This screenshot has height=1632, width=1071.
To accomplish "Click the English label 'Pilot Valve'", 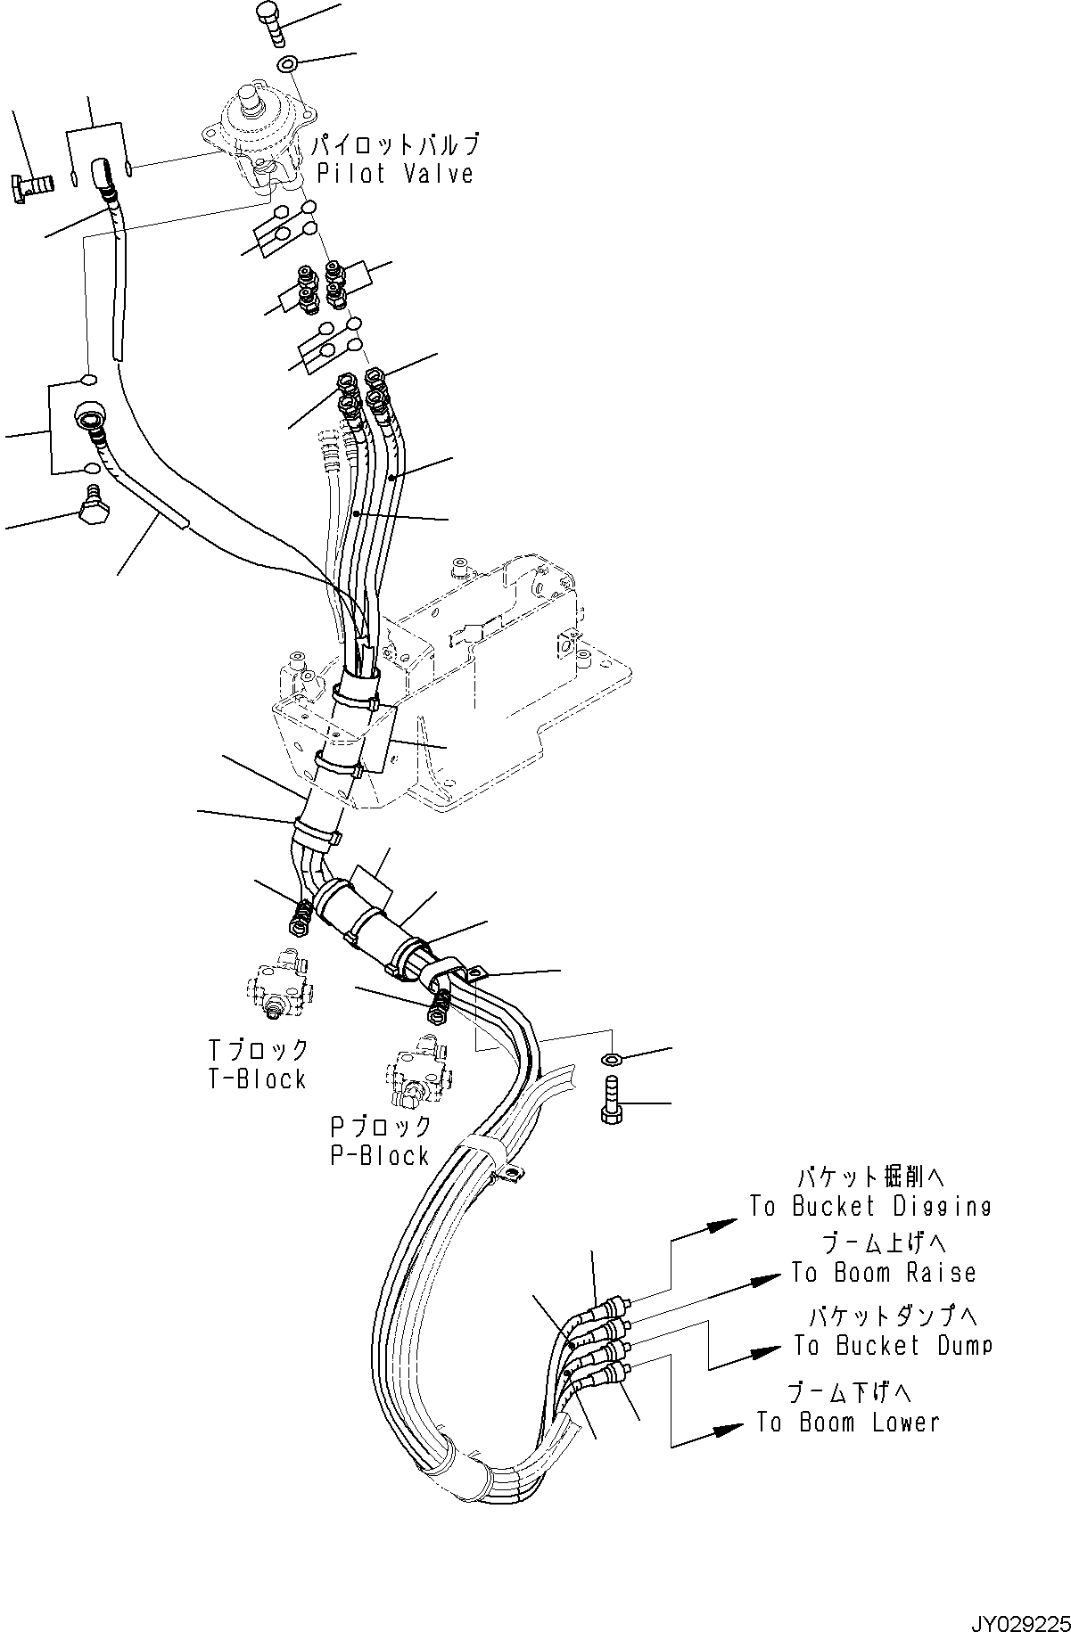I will click(394, 173).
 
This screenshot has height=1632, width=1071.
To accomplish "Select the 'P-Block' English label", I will click(380, 1156).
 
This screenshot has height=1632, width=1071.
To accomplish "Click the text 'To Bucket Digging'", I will click(869, 1207).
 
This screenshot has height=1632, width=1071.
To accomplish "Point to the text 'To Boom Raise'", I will click(884, 1273).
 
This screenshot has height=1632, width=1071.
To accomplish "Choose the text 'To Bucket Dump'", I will click(893, 1345).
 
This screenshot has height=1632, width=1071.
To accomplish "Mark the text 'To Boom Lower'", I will click(848, 1422).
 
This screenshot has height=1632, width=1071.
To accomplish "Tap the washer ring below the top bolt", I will click(287, 64).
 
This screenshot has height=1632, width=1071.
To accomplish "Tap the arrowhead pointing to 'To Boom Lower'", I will click(729, 1429).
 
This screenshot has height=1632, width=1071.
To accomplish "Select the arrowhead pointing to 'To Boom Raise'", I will click(768, 1280).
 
